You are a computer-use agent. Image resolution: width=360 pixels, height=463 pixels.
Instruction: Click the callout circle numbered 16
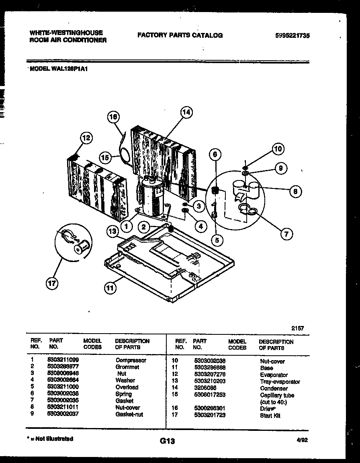114,117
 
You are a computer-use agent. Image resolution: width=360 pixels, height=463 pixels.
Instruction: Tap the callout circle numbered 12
86,138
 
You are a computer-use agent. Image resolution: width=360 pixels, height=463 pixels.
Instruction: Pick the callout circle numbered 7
286,233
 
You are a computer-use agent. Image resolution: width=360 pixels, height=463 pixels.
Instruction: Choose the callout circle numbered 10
278,149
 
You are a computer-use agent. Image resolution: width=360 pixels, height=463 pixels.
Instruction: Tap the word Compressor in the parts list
131,360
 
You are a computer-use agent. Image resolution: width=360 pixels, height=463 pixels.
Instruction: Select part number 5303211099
63,360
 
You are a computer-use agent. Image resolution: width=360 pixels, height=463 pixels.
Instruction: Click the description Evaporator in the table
274,375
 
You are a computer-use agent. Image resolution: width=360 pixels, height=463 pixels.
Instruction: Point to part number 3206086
205,388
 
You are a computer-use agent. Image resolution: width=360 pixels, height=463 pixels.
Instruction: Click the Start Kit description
270,416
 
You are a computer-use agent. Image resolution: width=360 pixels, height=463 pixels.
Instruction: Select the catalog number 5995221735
292,35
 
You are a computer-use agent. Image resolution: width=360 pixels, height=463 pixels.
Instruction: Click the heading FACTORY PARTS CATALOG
180,35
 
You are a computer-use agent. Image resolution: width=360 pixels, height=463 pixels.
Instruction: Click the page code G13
167,441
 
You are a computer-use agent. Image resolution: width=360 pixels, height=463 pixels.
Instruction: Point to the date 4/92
302,440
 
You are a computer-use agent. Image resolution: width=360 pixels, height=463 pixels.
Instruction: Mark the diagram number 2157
298,328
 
